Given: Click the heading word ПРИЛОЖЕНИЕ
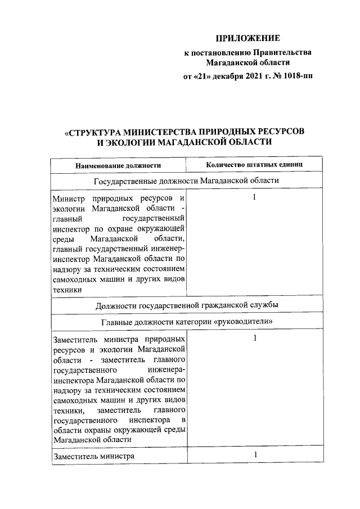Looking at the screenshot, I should click(x=247, y=38).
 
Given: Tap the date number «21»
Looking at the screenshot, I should click(x=204, y=76).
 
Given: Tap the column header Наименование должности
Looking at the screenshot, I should click(x=119, y=165).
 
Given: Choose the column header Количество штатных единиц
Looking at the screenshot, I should click(x=255, y=165).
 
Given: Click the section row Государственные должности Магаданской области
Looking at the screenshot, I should click(x=186, y=181).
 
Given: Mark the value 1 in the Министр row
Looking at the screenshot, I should click(x=255, y=198).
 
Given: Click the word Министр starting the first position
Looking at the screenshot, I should click(x=67, y=199).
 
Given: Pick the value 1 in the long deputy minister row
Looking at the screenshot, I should click(x=255, y=338).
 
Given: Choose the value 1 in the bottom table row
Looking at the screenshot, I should click(x=255, y=455).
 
